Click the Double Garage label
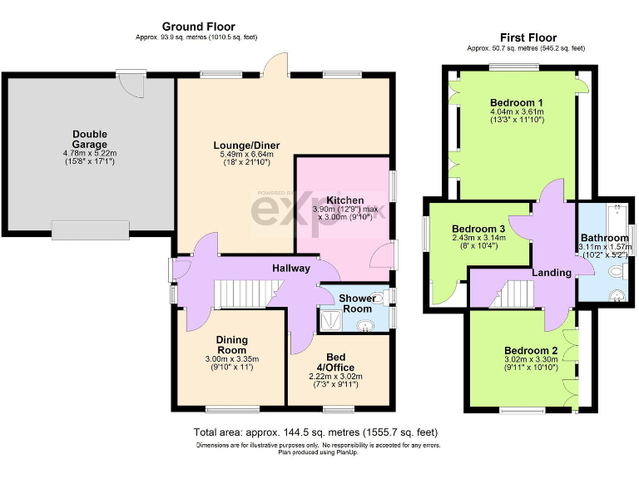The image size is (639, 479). (x=90, y=139)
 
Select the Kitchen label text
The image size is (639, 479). (x=344, y=200)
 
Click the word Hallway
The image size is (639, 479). (x=290, y=268)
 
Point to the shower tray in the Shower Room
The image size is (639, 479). (x=330, y=319)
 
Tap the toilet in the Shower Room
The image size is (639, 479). (x=376, y=297)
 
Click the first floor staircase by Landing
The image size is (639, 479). (x=515, y=294)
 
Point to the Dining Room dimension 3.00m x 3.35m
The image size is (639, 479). (x=232, y=359)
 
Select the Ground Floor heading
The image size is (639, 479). (x=198, y=27)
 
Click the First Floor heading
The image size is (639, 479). (x=528, y=37)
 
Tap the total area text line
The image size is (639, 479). (x=315, y=432)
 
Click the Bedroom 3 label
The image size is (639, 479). (x=478, y=229)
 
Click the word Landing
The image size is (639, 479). (x=552, y=273)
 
